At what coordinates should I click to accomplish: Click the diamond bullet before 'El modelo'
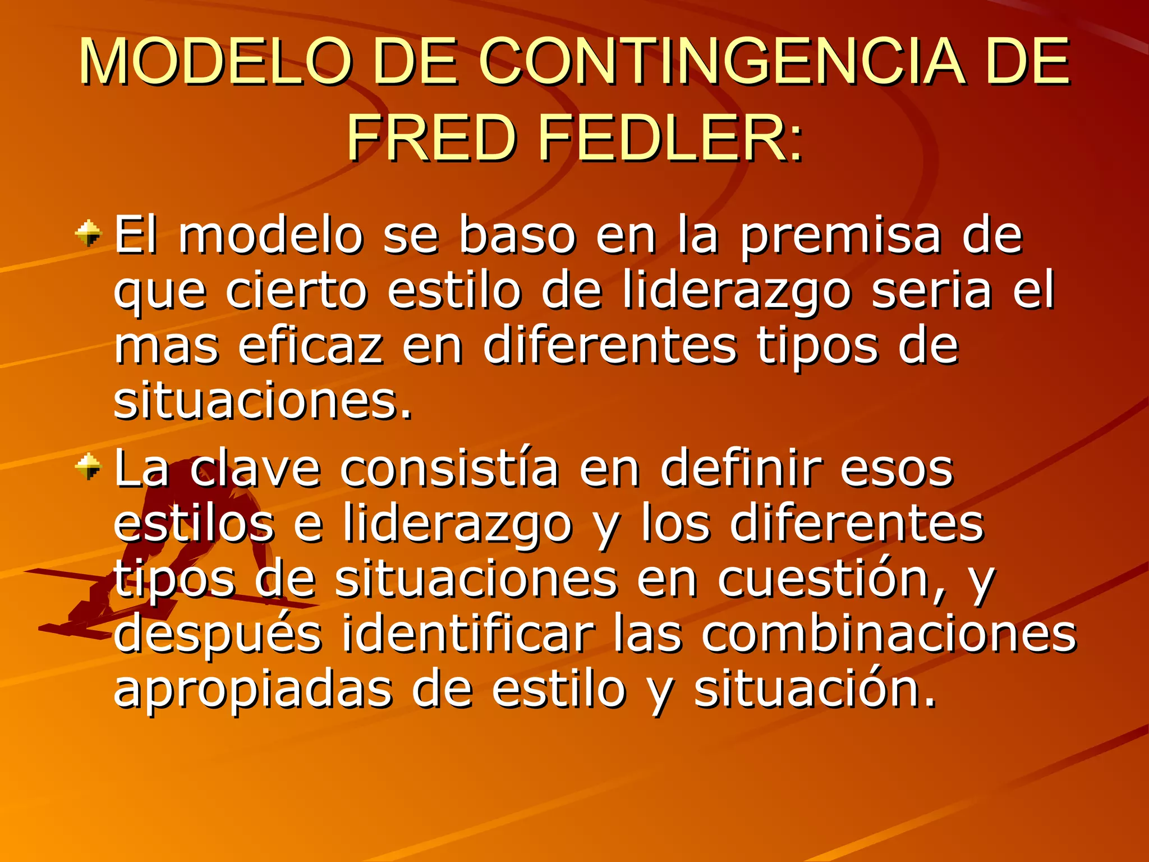pos(89,233)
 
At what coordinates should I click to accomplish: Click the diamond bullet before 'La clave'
pos(89,467)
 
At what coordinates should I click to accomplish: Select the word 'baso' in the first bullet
pos(517,236)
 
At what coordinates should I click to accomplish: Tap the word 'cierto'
pos(296,291)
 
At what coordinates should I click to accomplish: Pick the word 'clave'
pos(255,468)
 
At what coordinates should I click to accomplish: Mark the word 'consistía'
pos(449,468)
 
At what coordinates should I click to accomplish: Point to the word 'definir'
pos(741,468)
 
